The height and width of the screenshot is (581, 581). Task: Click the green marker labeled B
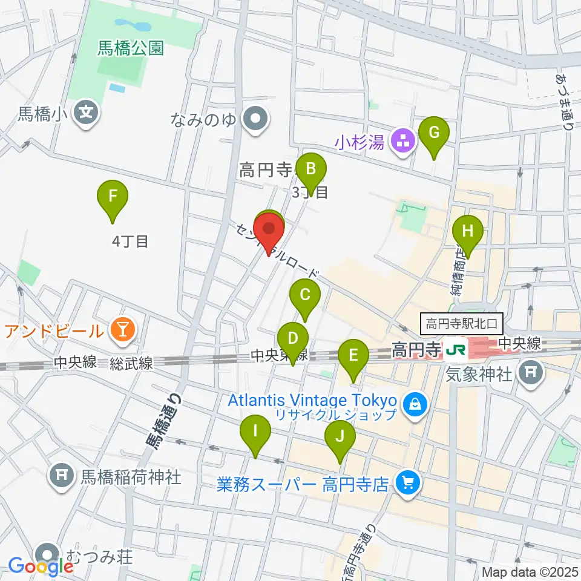pyautogui.click(x=310, y=168)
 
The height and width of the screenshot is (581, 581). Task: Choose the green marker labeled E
pyautogui.click(x=353, y=356)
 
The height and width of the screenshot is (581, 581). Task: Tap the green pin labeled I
pyautogui.click(x=255, y=432)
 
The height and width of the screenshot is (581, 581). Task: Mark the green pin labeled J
pyautogui.click(x=340, y=436)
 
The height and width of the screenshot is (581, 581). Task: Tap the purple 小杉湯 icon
pyautogui.click(x=403, y=142)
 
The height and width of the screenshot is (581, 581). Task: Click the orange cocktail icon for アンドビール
pyautogui.click(x=123, y=330)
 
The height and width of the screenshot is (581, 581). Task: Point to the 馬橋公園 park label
pyautogui.click(x=131, y=48)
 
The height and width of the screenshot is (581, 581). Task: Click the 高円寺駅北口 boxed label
pyautogui.click(x=461, y=324)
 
